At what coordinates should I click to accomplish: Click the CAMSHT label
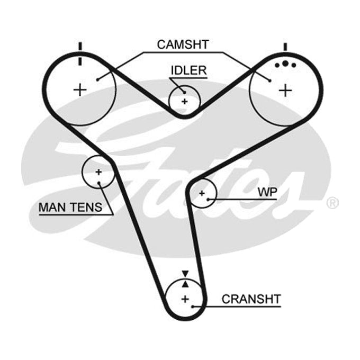pyautogui.click(x=183, y=44)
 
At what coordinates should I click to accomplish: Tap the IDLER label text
pyautogui.click(x=189, y=70)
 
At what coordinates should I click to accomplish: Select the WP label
pyautogui.click(x=268, y=192)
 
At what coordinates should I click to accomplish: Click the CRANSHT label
pyautogui.click(x=251, y=299)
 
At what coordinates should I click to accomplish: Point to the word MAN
pyautogui.click(x=53, y=207)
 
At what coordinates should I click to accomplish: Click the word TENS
pyautogui.click(x=86, y=207)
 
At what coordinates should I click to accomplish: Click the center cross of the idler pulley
pyautogui.click(x=185, y=101)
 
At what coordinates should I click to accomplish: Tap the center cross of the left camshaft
pyautogui.click(x=80, y=90)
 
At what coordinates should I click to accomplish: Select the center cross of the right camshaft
pyautogui.click(x=285, y=90)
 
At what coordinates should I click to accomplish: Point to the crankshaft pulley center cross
pyautogui.click(x=185, y=299)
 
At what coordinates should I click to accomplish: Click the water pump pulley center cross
pyautogui.click(x=202, y=193)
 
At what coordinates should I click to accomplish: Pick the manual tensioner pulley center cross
pyautogui.click(x=98, y=172)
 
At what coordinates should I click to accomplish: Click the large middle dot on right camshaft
pyautogui.click(x=285, y=64)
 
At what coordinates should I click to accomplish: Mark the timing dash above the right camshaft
pyautogui.click(x=285, y=47)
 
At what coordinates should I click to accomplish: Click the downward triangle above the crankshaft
pyautogui.click(x=185, y=274)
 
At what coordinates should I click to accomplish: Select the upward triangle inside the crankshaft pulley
pyautogui.click(x=185, y=284)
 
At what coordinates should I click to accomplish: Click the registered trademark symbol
pyautogui.click(x=332, y=203)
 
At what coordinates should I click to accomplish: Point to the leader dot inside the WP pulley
pyautogui.click(x=208, y=199)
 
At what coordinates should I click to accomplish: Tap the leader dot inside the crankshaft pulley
pyautogui.click(x=193, y=307)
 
